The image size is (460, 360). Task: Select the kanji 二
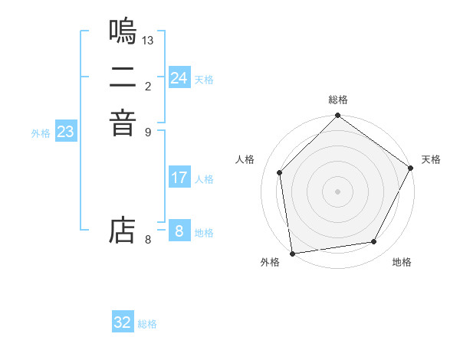point(123,77)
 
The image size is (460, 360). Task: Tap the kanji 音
point(123,123)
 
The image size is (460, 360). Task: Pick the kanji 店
point(123,231)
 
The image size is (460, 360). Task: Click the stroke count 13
point(148,40)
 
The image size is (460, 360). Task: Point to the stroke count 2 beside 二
point(148,85)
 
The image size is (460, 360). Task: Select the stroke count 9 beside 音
point(148,131)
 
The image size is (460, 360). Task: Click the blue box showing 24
point(179,78)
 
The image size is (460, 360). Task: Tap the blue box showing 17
point(179,178)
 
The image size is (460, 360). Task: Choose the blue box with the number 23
point(65,132)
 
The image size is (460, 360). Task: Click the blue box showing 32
point(123,322)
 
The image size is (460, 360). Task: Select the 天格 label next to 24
point(204,80)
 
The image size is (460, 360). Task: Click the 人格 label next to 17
point(204,179)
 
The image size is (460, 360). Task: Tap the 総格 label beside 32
point(147,324)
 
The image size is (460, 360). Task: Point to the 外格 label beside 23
point(41,133)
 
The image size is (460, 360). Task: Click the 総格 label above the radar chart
point(338,100)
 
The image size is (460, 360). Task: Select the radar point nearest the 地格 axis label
point(374,242)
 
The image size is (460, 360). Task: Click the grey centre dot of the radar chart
point(337,191)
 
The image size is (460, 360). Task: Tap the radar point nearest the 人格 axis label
point(280,172)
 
